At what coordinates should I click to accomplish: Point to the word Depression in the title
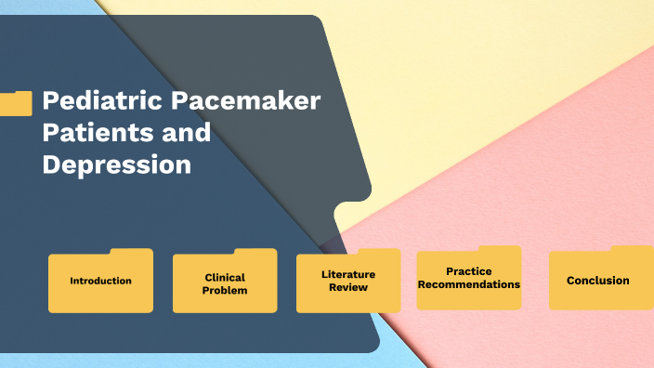click(116, 164)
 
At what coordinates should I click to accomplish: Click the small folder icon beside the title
click(16, 102)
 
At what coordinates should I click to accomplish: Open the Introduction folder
click(100, 281)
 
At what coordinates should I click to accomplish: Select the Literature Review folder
click(348, 281)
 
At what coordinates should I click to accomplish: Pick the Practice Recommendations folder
click(468, 278)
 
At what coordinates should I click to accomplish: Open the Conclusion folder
click(598, 280)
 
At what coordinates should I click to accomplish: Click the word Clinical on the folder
click(225, 277)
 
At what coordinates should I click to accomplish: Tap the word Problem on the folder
click(225, 291)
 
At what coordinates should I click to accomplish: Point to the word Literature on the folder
click(348, 274)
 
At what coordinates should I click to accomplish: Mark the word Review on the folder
click(348, 287)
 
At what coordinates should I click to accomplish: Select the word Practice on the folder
click(468, 271)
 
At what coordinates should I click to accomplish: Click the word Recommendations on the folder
click(468, 284)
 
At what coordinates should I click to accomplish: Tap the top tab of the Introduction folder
click(130, 252)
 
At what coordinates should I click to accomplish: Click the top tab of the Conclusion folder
click(632, 249)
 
